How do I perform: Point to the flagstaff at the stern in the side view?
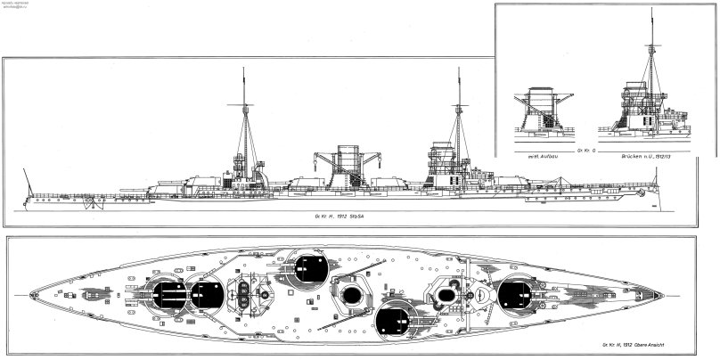coord(30,185)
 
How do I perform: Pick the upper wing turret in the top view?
coord(308,268)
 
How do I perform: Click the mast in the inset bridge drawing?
coord(653,53)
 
